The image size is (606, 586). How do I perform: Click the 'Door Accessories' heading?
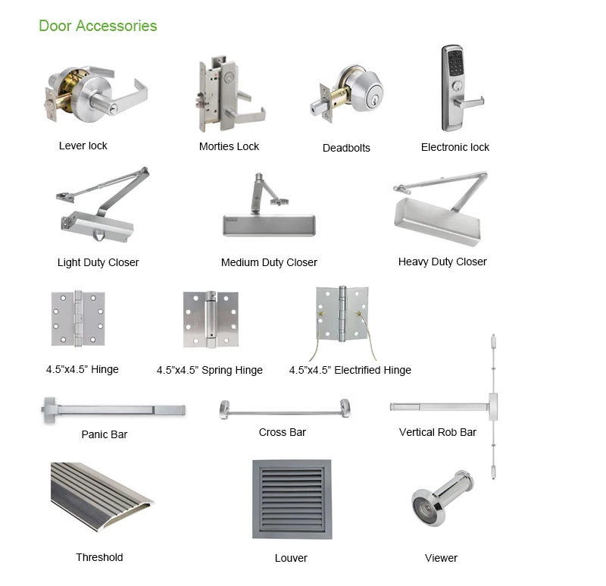point(98,26)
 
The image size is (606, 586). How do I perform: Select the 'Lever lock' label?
point(83,146)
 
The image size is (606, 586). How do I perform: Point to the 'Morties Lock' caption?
point(229,146)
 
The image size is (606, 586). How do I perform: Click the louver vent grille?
point(292,497)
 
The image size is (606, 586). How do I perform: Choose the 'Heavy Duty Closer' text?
point(442,262)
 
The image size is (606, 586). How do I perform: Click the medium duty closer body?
point(269,224)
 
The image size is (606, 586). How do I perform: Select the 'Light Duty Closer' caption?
point(98,262)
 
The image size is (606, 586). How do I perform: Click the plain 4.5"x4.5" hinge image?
point(77,318)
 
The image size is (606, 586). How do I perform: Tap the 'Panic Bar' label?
point(105,434)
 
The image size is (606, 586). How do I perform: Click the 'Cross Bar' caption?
point(282,432)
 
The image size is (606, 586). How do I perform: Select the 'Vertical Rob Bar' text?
point(438,432)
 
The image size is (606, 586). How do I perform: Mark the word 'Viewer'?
point(441,558)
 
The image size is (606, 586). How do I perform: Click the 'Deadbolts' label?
point(346,148)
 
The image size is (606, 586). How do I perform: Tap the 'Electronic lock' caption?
point(455,147)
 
